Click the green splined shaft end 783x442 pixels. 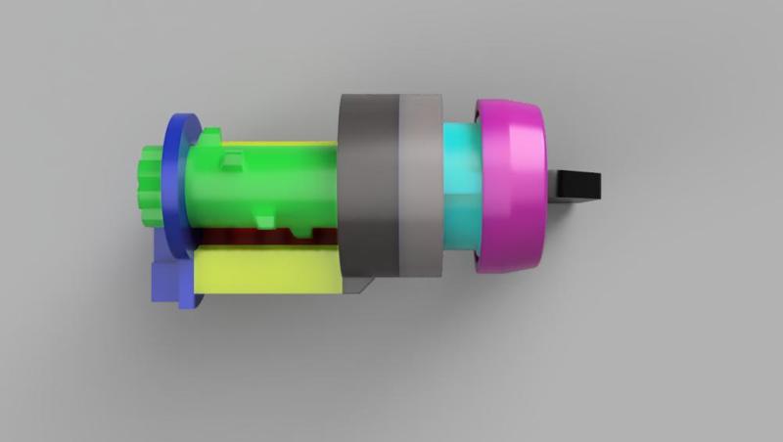(150, 186)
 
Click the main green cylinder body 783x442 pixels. (264, 191)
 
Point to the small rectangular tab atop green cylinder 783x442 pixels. (232, 160)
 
